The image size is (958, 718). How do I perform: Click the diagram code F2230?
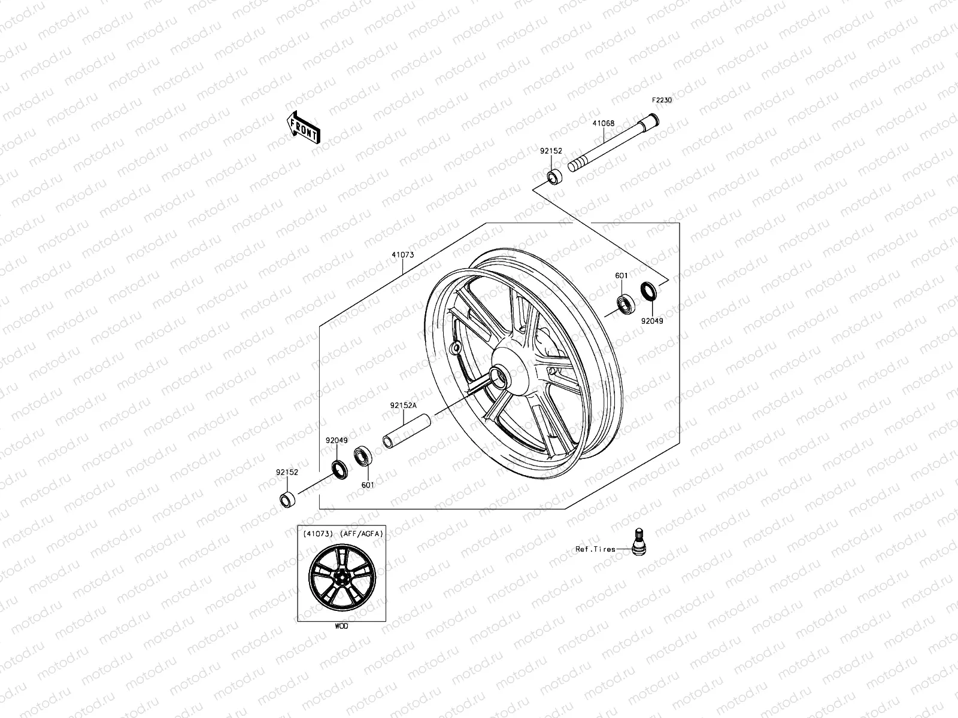(662, 101)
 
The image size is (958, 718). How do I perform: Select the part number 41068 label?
(604, 124)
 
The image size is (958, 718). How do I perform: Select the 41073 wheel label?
(403, 255)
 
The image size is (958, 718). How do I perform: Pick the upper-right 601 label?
(622, 276)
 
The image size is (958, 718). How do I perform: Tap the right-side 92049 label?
(652, 320)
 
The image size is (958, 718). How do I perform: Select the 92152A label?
(403, 405)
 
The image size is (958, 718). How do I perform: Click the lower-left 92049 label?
(337, 440)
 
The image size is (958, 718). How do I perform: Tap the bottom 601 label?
(367, 485)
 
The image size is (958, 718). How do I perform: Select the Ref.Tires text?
(595, 549)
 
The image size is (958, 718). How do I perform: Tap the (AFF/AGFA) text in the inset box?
(360, 533)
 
